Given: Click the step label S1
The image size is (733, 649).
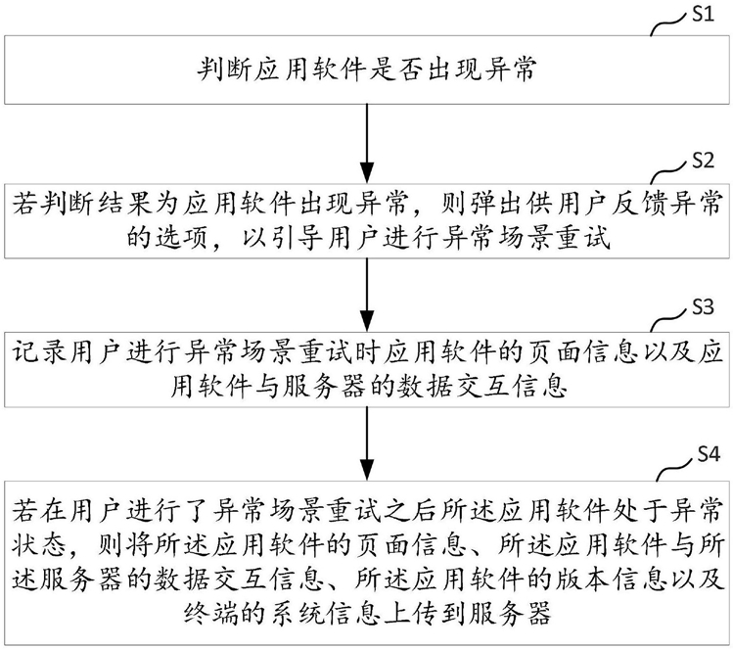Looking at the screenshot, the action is coord(703,14).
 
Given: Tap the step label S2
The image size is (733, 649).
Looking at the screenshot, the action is coord(703,161).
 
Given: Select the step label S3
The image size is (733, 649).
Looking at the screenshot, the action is coord(703,307).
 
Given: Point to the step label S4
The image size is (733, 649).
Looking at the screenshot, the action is coord(709,454).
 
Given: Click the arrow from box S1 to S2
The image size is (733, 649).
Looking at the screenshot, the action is coord(367,143).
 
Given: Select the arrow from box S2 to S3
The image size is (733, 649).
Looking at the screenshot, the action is coord(367,295).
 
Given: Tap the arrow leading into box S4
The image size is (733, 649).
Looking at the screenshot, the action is coord(367,442).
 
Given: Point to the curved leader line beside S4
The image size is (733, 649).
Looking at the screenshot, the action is coord(675,470).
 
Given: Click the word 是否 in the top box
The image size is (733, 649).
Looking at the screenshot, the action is coord(397,70).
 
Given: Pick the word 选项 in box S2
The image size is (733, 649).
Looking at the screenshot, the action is coord(180,239).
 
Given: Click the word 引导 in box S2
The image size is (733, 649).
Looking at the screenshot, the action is coord(294,239).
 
